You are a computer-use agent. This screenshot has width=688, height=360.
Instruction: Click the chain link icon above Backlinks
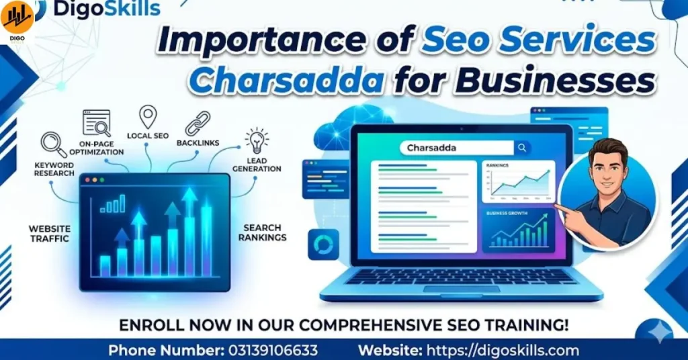click(198, 123)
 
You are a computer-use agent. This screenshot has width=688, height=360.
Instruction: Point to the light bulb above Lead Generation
click(257, 140)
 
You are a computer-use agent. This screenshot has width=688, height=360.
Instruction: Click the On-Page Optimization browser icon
click(97, 123)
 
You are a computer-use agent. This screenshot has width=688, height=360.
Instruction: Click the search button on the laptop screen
click(522, 148)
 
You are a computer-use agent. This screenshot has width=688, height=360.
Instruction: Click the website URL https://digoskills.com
click(502, 350)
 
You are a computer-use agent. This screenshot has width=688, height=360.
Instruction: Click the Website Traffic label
click(48, 233)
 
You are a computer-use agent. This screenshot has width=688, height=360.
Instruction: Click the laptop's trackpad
click(461, 289)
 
